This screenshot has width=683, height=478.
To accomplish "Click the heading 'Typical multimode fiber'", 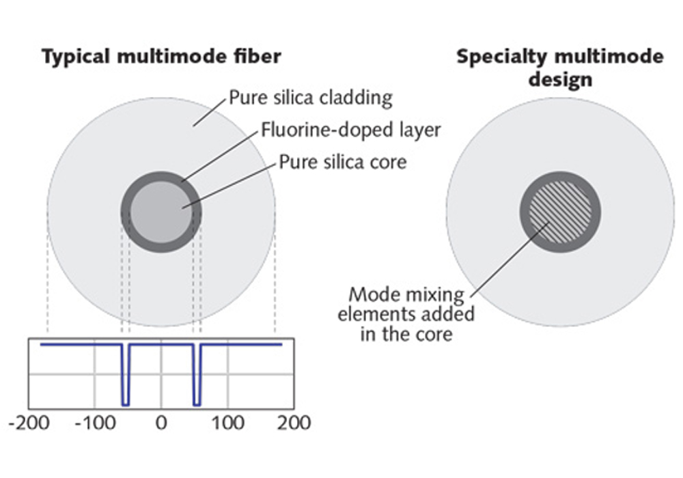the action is pos(161,57).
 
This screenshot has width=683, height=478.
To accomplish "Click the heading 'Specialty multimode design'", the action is pos(560,68).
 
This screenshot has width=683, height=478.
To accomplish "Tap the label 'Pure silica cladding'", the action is pos(311,98).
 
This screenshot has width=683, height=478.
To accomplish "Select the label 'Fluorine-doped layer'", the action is pos(350,130).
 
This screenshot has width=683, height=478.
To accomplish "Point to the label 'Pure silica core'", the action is pos(343,162).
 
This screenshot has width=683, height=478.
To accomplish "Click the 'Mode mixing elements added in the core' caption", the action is pos(406,314).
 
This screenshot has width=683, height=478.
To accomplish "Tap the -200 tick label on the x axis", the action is pos(29,423).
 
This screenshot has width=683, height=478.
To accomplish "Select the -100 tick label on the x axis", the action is pos(95,423).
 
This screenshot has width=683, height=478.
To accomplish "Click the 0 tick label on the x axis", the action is pos(161,423).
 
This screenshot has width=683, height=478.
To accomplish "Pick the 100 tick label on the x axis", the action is pos(227,423).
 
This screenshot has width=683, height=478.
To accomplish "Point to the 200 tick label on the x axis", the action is pos(294,423).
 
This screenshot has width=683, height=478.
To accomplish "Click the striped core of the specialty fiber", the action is pos(560,212).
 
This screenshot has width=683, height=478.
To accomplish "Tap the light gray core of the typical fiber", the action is pos(161,212).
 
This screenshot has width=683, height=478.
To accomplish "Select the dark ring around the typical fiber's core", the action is pos(125,212).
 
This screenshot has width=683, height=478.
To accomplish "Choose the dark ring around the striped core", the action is pos(524,212).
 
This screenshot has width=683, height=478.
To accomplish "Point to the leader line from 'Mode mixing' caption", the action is pos(509,258).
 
